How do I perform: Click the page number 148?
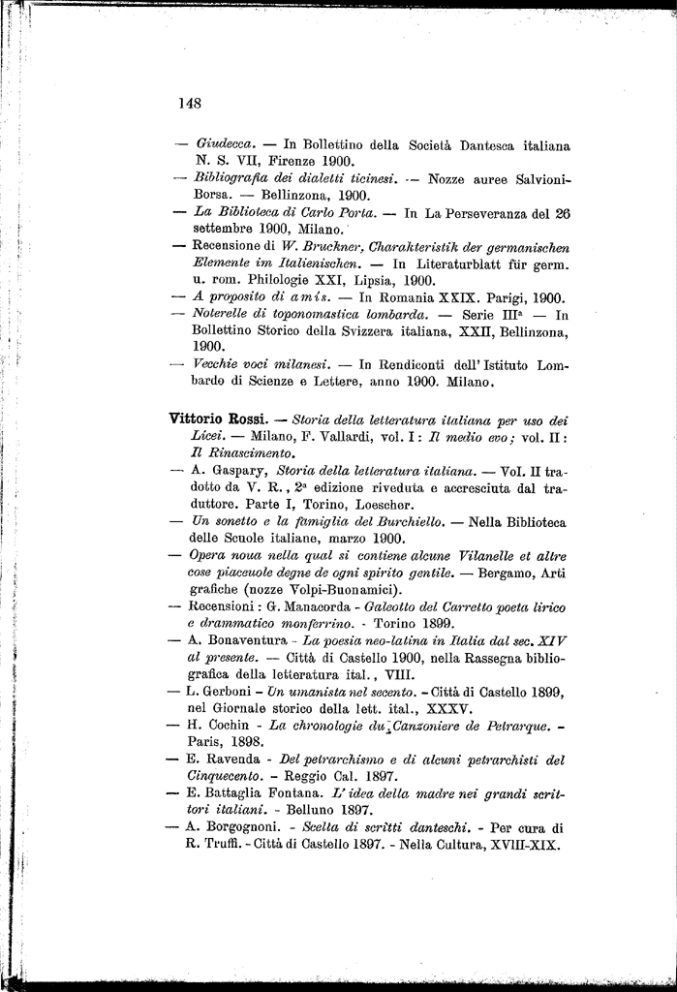point(189,102)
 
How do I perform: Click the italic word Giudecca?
point(225,144)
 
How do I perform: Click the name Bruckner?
point(324,246)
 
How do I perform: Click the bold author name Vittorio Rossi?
point(218,419)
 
